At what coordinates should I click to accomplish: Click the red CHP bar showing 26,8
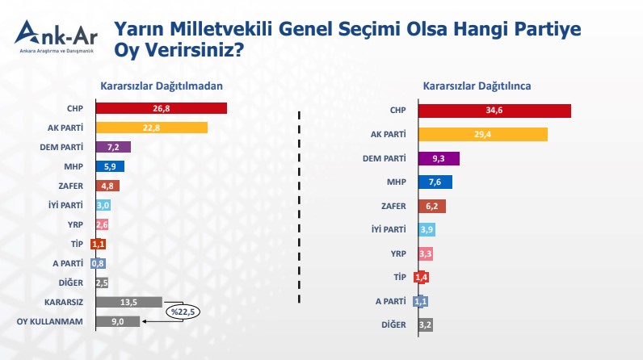(x=161, y=108)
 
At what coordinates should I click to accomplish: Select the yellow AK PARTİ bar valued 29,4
(x=483, y=134)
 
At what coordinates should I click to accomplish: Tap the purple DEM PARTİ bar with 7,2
(x=113, y=147)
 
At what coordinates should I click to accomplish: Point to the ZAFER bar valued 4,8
(x=107, y=186)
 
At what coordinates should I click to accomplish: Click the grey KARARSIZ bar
(x=128, y=302)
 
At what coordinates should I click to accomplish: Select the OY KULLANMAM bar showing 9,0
(x=118, y=321)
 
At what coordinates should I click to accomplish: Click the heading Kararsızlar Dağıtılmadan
(x=161, y=86)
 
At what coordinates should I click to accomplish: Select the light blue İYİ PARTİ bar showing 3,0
(x=103, y=205)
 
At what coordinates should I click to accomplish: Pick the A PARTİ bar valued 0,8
(x=99, y=263)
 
